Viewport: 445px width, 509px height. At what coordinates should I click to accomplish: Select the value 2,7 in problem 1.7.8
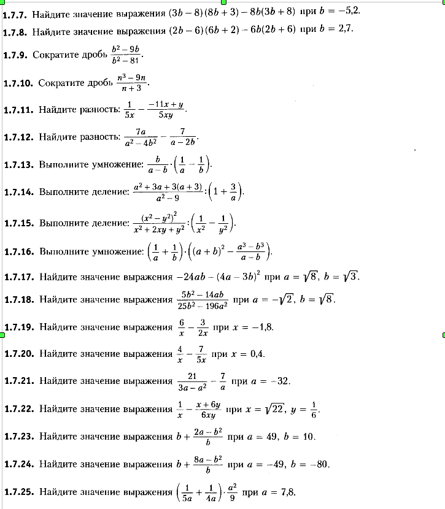click(x=343, y=29)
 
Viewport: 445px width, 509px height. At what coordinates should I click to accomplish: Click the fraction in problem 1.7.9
click(x=125, y=54)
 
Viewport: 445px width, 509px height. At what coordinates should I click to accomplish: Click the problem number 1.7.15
click(x=18, y=223)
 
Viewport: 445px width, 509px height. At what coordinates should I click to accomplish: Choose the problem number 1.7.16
click(x=18, y=251)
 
